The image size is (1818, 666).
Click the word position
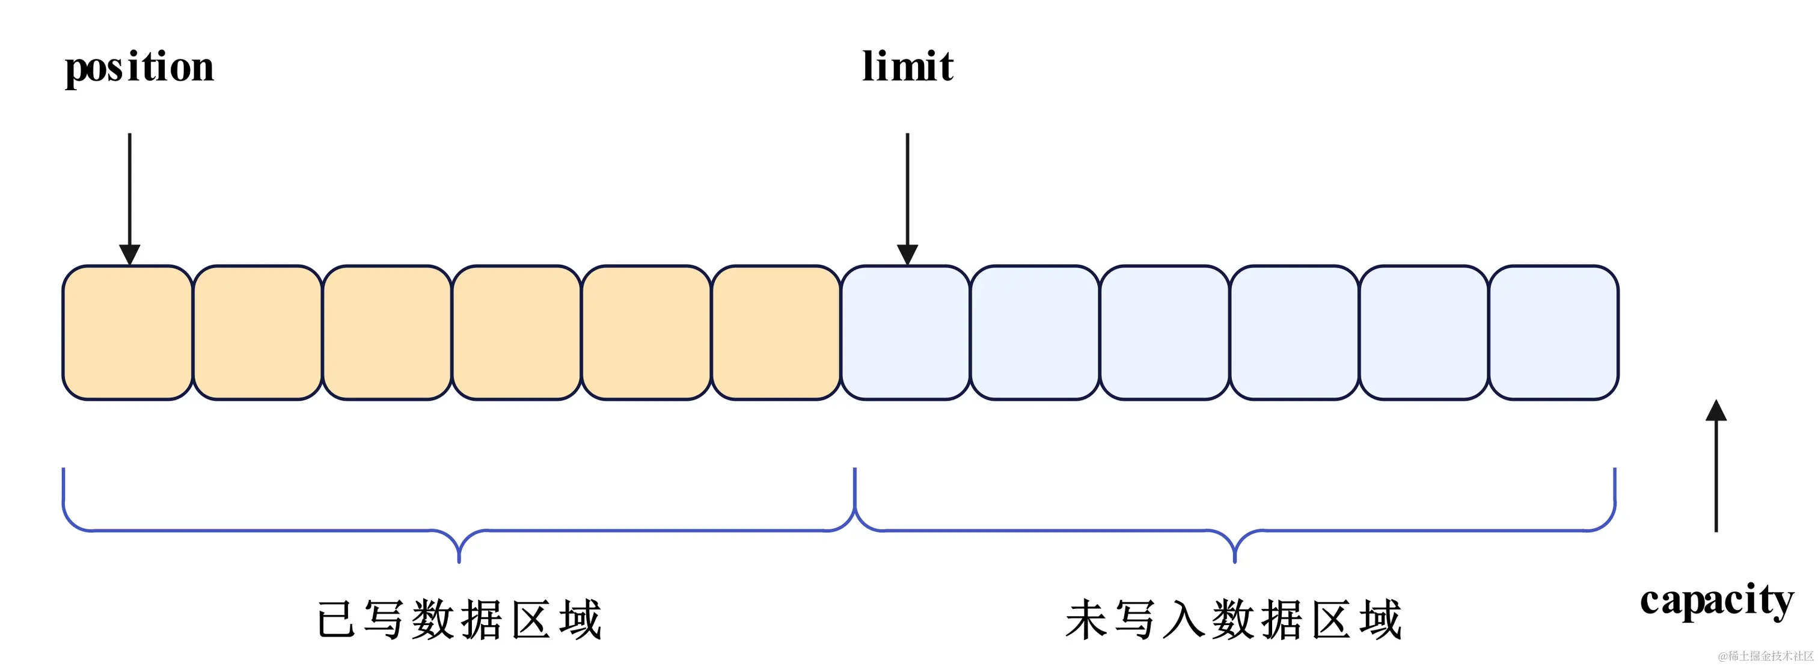coord(139,69)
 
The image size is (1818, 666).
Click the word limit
coord(908,67)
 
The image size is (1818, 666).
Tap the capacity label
coord(1716,601)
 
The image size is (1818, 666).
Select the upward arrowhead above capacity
coord(1716,410)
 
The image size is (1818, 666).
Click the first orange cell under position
coord(127,333)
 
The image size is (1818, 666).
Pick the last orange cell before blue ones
coord(776,333)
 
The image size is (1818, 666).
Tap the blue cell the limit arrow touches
coord(905,333)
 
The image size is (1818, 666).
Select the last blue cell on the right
coord(1553,333)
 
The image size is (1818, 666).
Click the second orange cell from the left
coord(257,333)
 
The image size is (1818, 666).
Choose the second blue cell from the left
coord(1035,333)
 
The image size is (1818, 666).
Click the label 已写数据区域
coord(459,620)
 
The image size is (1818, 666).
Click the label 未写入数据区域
coord(1234,620)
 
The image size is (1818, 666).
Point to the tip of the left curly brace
coord(459,560)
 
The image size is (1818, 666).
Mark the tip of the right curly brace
coord(1234,560)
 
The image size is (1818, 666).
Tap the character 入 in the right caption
coord(1184,620)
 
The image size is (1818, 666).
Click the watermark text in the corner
coord(1764,656)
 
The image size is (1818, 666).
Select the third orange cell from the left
coord(387,333)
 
